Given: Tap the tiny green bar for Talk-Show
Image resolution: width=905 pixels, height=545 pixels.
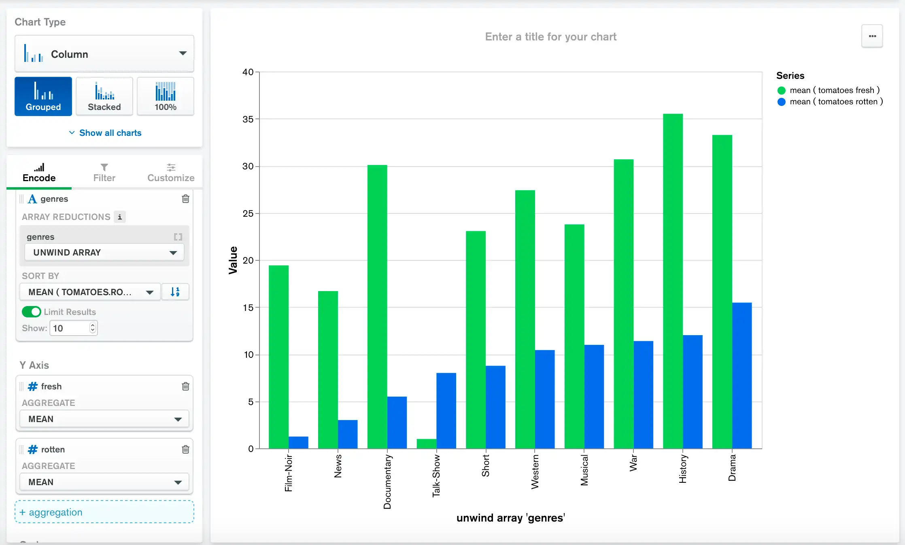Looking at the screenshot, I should tap(426, 444).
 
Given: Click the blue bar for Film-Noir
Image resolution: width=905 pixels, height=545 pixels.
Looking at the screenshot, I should tap(298, 442).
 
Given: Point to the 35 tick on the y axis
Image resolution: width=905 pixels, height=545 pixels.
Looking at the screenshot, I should tap(248, 119).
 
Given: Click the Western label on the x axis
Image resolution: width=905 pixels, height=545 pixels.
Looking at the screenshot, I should tap(535, 471).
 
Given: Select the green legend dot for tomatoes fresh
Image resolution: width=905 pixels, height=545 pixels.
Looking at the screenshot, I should tap(782, 90).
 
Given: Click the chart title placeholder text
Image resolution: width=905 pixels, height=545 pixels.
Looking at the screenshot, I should tap(550, 37).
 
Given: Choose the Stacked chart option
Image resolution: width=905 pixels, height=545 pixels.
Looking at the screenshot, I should tap(104, 97).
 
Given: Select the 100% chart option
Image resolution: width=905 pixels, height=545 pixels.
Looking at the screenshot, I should tap(166, 97).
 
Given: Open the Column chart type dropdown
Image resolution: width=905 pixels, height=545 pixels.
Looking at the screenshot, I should tap(104, 54).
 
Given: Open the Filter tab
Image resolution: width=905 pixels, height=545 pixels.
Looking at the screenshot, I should tap(104, 173).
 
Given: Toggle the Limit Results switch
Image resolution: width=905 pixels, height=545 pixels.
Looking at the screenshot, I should tap(31, 312).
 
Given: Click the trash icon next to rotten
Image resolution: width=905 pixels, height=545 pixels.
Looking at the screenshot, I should tap(185, 449).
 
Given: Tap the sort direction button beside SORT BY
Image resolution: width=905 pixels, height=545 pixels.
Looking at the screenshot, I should tap(175, 292).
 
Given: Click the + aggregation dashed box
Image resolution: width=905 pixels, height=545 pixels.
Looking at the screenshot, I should tap(104, 512).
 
